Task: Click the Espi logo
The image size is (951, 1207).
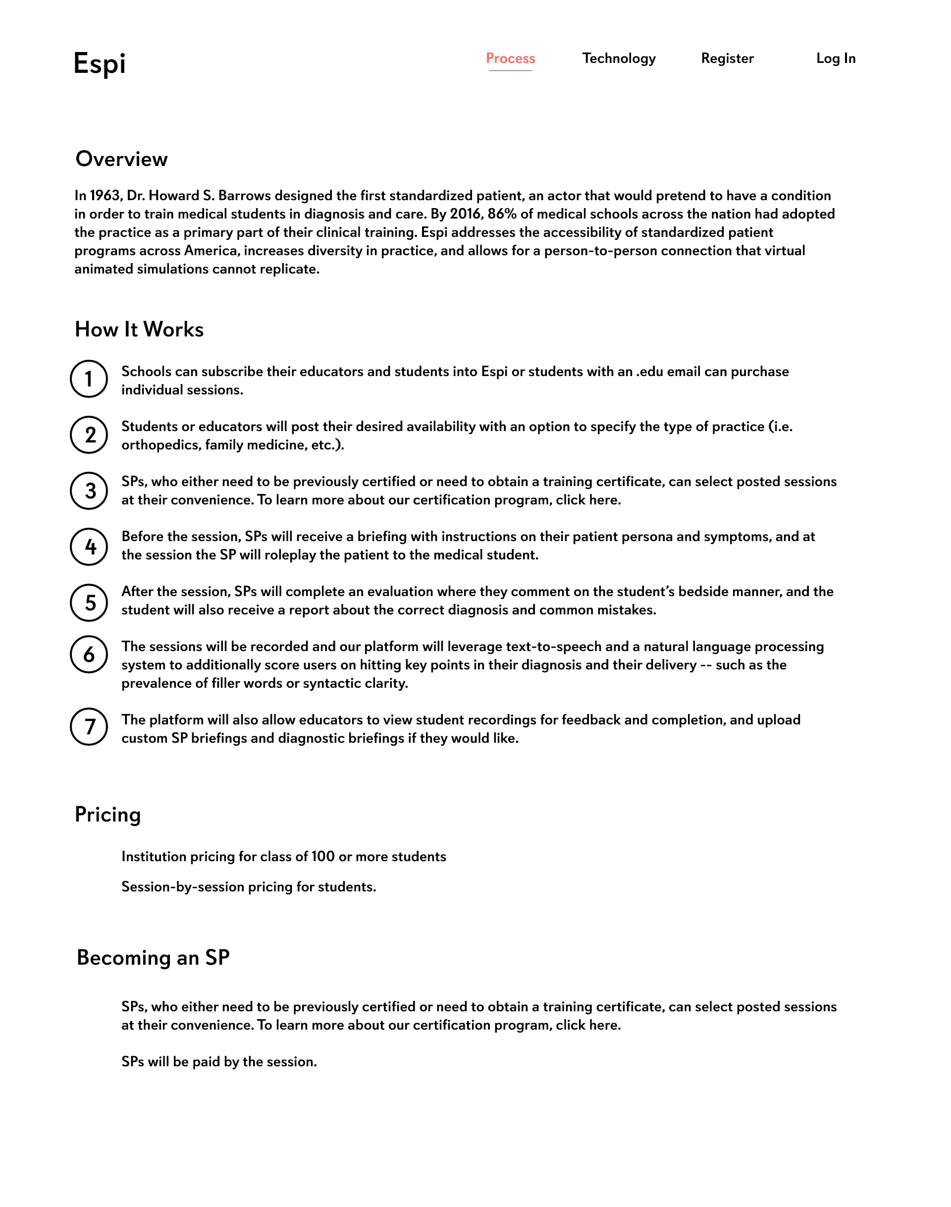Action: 100,63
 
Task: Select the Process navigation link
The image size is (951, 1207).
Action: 510,58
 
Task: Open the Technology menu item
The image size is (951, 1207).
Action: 619,58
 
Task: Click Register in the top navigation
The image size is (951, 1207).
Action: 727,58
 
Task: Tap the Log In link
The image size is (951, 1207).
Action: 835,58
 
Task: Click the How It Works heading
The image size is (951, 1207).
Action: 139,329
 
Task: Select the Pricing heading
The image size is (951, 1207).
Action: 108,814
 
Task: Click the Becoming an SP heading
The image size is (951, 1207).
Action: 153,957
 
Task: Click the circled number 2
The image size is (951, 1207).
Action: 89,435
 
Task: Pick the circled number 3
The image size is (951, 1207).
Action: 89,491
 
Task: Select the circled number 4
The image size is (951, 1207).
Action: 89,547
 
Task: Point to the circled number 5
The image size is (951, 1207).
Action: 89,603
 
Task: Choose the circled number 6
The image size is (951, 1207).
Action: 89,655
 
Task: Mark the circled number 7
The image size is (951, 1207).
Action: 89,727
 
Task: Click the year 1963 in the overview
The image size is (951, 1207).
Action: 105,196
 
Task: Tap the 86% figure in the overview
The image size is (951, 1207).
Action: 502,214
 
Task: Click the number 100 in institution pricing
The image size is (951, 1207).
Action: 323,857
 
